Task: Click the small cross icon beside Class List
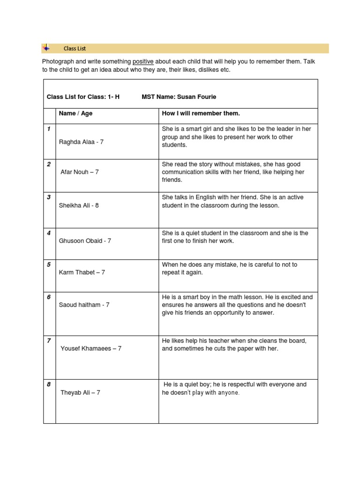tap(46, 48)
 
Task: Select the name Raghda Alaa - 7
tap(81, 142)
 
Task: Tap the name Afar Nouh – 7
tap(80, 172)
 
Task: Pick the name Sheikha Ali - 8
tap(79, 205)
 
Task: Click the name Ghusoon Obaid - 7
tap(85, 240)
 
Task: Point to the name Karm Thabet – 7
tap(82, 272)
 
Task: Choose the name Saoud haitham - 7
tap(84, 305)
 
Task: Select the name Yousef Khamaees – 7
tap(91, 348)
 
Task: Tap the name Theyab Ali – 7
tap(80, 392)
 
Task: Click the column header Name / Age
tap(75, 113)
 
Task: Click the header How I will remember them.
tap(201, 113)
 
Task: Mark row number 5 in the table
tap(49, 264)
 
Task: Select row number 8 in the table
tap(49, 384)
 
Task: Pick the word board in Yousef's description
tap(297, 341)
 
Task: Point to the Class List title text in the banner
tap(75, 48)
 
